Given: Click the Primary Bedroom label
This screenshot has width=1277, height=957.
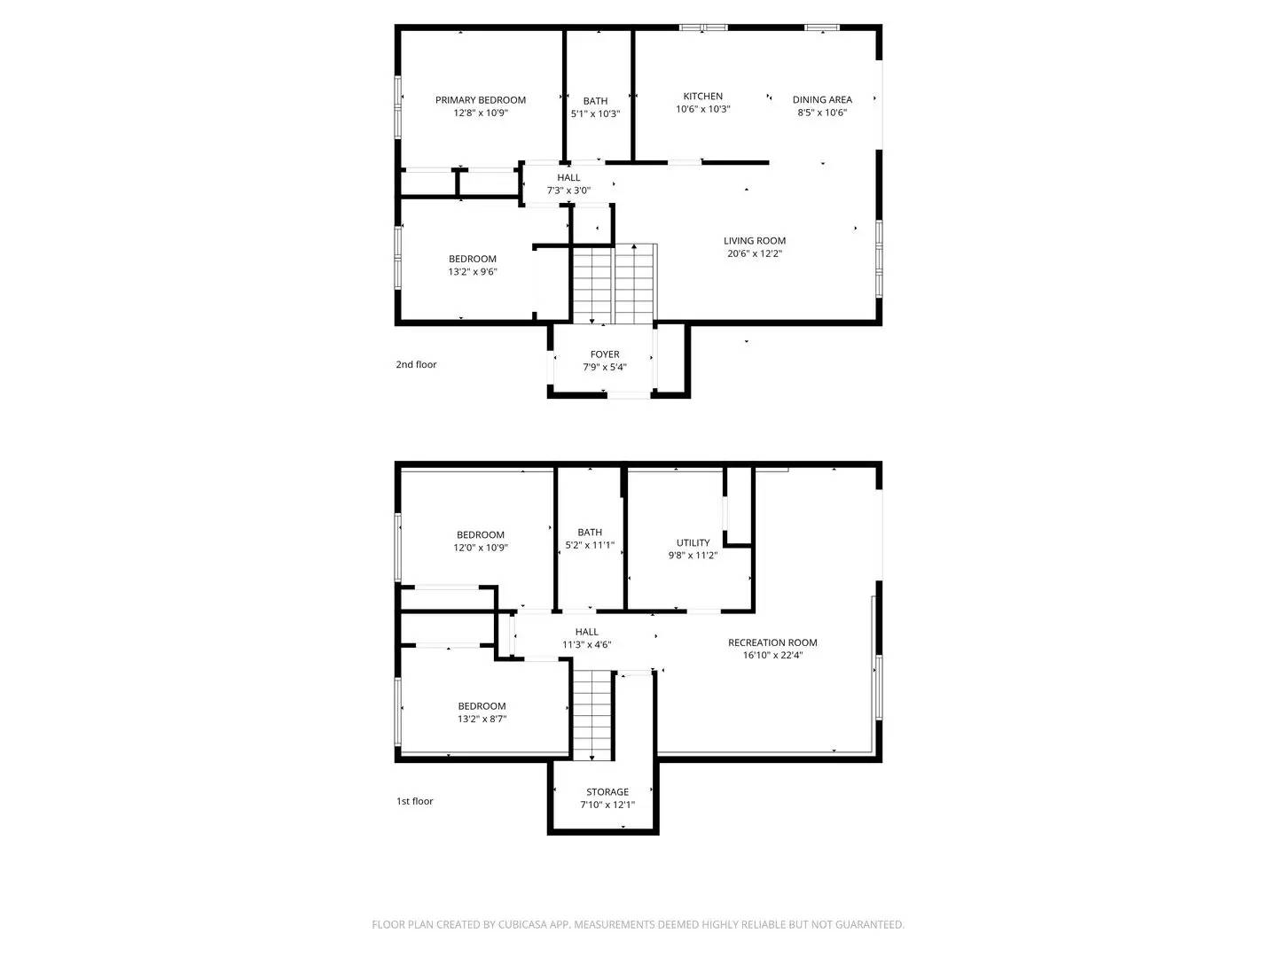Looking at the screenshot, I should pyautogui.click(x=480, y=100).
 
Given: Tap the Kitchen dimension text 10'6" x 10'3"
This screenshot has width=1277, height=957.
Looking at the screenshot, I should pyautogui.click(x=702, y=110).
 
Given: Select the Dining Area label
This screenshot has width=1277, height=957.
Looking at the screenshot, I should pyautogui.click(x=822, y=100).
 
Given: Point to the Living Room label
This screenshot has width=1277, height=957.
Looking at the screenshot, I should pyautogui.click(x=754, y=241).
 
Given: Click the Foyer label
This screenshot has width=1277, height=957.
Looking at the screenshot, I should pyautogui.click(x=605, y=354).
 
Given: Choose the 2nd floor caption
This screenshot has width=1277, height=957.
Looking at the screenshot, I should pyautogui.click(x=416, y=364).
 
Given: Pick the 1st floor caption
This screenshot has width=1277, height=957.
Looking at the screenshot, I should pyautogui.click(x=414, y=801).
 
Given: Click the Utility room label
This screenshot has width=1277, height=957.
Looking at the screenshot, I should pyautogui.click(x=693, y=543).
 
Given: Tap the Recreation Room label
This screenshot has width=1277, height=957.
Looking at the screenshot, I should pyautogui.click(x=772, y=642).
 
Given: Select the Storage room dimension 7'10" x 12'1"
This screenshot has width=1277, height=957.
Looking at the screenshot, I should pyautogui.click(x=607, y=805).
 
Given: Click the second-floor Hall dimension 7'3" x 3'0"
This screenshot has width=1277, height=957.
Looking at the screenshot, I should pyautogui.click(x=568, y=191).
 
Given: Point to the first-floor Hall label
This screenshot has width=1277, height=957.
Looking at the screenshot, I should pyautogui.click(x=586, y=632).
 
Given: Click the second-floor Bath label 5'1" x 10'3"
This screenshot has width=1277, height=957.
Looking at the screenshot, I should pyautogui.click(x=595, y=101).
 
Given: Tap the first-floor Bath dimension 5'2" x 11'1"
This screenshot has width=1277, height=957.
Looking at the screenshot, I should pyautogui.click(x=590, y=546).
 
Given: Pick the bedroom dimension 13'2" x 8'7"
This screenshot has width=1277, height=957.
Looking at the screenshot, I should pyautogui.click(x=482, y=720).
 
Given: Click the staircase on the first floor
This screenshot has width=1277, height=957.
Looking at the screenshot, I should pyautogui.click(x=592, y=714).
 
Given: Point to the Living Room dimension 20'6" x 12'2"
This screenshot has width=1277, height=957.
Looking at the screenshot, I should pyautogui.click(x=754, y=253).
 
